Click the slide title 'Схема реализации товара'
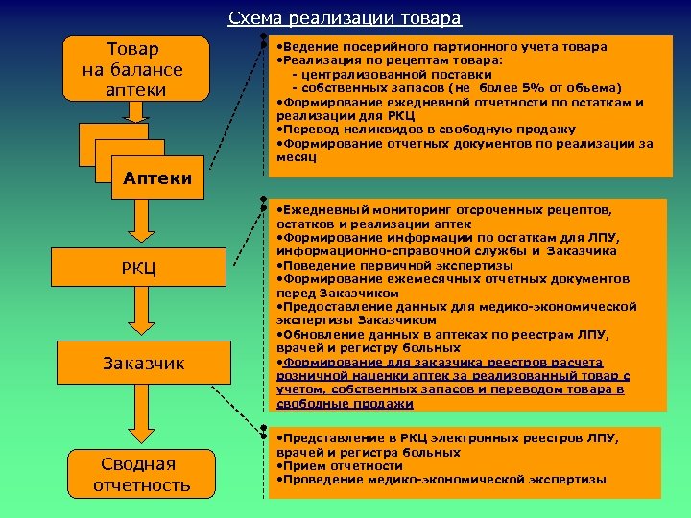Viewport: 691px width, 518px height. [345, 19]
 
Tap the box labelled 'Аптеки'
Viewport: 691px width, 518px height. [156, 177]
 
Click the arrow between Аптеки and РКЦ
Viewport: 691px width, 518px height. [141, 224]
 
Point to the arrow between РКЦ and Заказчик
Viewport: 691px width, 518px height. [141, 315]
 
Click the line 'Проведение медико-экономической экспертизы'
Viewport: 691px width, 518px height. [442, 479]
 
